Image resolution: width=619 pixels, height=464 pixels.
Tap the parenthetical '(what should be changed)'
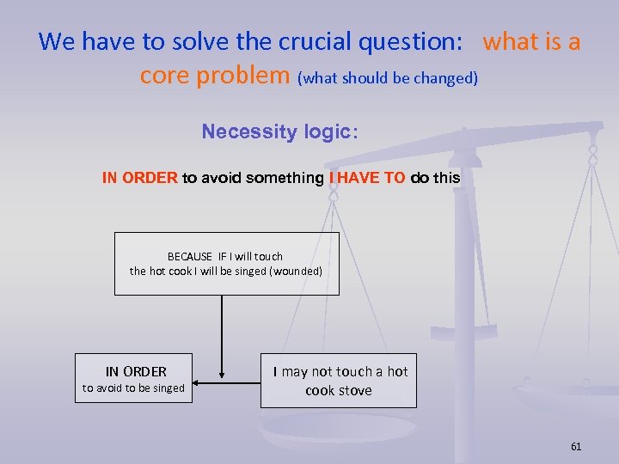387,78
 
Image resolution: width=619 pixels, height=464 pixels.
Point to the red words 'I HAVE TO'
367,178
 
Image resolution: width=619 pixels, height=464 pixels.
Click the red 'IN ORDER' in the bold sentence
139,178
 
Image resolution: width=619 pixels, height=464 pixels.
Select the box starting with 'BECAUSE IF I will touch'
226,264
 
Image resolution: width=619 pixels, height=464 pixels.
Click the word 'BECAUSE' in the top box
189,256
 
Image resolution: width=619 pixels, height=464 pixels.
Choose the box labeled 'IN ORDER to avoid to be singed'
134,379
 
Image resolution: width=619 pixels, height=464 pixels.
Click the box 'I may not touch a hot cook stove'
339,381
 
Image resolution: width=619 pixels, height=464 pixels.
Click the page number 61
575,446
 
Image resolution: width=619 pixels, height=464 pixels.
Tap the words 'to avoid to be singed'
133,388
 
